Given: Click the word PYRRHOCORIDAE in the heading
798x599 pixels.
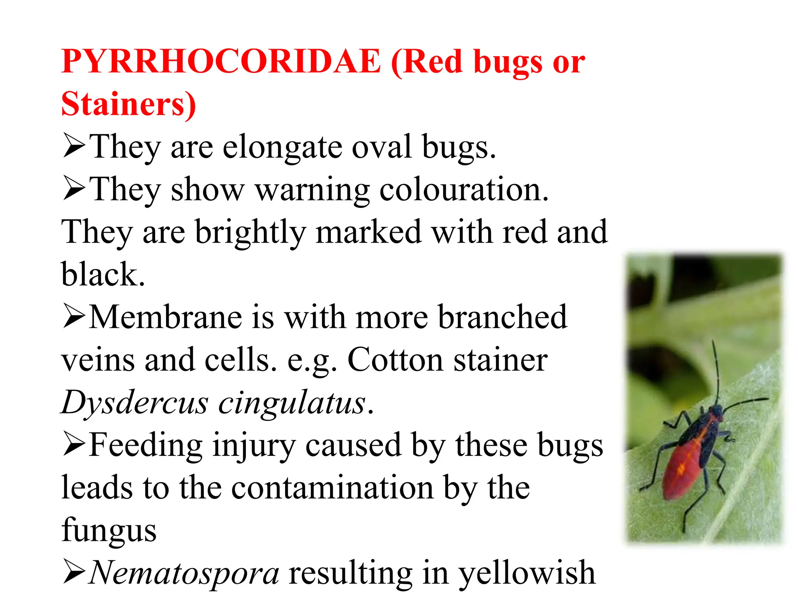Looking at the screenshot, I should tap(221, 62).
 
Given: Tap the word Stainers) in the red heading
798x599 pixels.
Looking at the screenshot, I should tap(129, 104).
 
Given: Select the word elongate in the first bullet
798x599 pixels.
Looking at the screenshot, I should tap(282, 147).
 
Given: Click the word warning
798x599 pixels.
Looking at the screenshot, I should tap(312, 190).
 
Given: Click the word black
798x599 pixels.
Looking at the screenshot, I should tap(103, 275).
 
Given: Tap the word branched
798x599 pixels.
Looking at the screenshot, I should tap(502, 317).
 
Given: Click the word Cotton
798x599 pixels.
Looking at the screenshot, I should tap(395, 360).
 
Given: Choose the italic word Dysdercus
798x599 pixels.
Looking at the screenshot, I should tap(135, 403).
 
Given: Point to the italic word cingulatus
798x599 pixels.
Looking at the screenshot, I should tap(292, 403).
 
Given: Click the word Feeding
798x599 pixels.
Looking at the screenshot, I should tap(146, 445).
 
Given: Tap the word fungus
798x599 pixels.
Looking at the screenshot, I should tap(109, 530).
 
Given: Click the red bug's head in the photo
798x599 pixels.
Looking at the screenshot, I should tap(715, 411).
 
